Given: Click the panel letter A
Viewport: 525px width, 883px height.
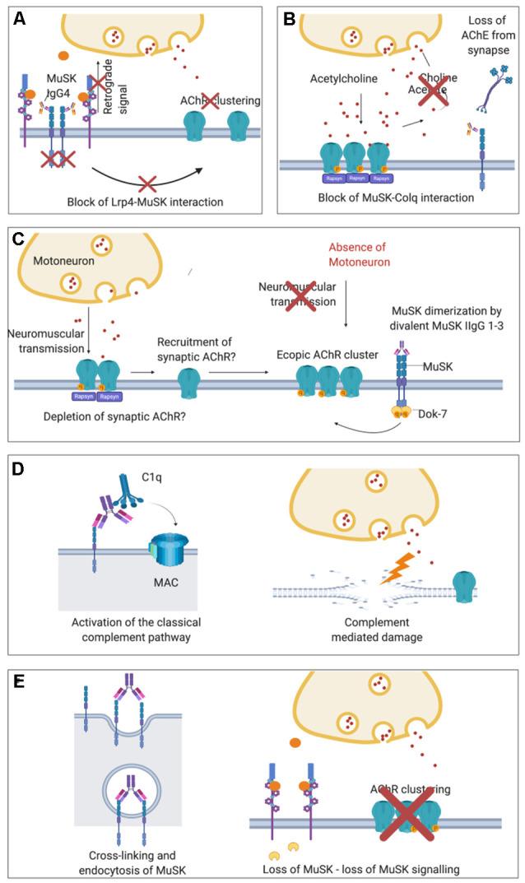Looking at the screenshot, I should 18,16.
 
